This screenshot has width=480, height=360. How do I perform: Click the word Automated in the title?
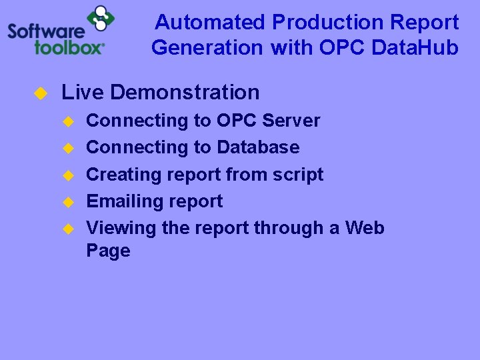210,23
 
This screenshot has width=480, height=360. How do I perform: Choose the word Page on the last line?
108,251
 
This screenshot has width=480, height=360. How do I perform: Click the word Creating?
119,175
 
